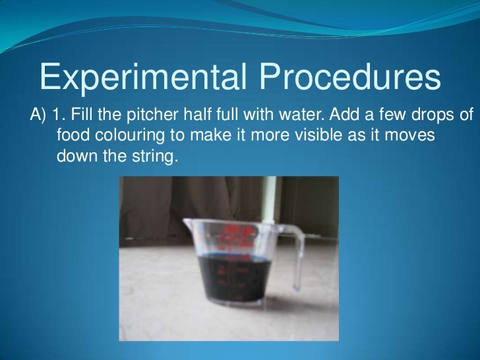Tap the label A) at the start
tap(37, 117)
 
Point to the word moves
tap(414, 136)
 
